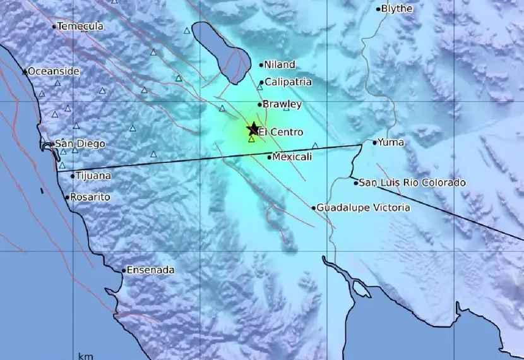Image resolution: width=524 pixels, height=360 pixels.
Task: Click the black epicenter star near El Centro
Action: (x=253, y=128)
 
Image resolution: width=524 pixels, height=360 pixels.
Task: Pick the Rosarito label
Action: (x=90, y=197)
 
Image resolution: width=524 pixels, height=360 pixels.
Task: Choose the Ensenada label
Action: (x=150, y=270)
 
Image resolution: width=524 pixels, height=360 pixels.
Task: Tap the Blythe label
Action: (x=398, y=9)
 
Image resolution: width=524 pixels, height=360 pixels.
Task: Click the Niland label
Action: (x=279, y=64)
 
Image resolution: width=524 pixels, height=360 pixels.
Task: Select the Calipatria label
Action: (x=288, y=82)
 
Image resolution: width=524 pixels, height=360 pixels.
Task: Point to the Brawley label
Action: (x=282, y=104)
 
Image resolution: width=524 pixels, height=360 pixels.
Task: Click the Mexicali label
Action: (x=291, y=157)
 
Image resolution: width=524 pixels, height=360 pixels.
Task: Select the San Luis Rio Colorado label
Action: (x=412, y=183)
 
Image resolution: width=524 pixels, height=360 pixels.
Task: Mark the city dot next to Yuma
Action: (x=375, y=143)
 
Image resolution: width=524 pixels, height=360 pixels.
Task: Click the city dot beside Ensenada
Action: (x=124, y=270)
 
